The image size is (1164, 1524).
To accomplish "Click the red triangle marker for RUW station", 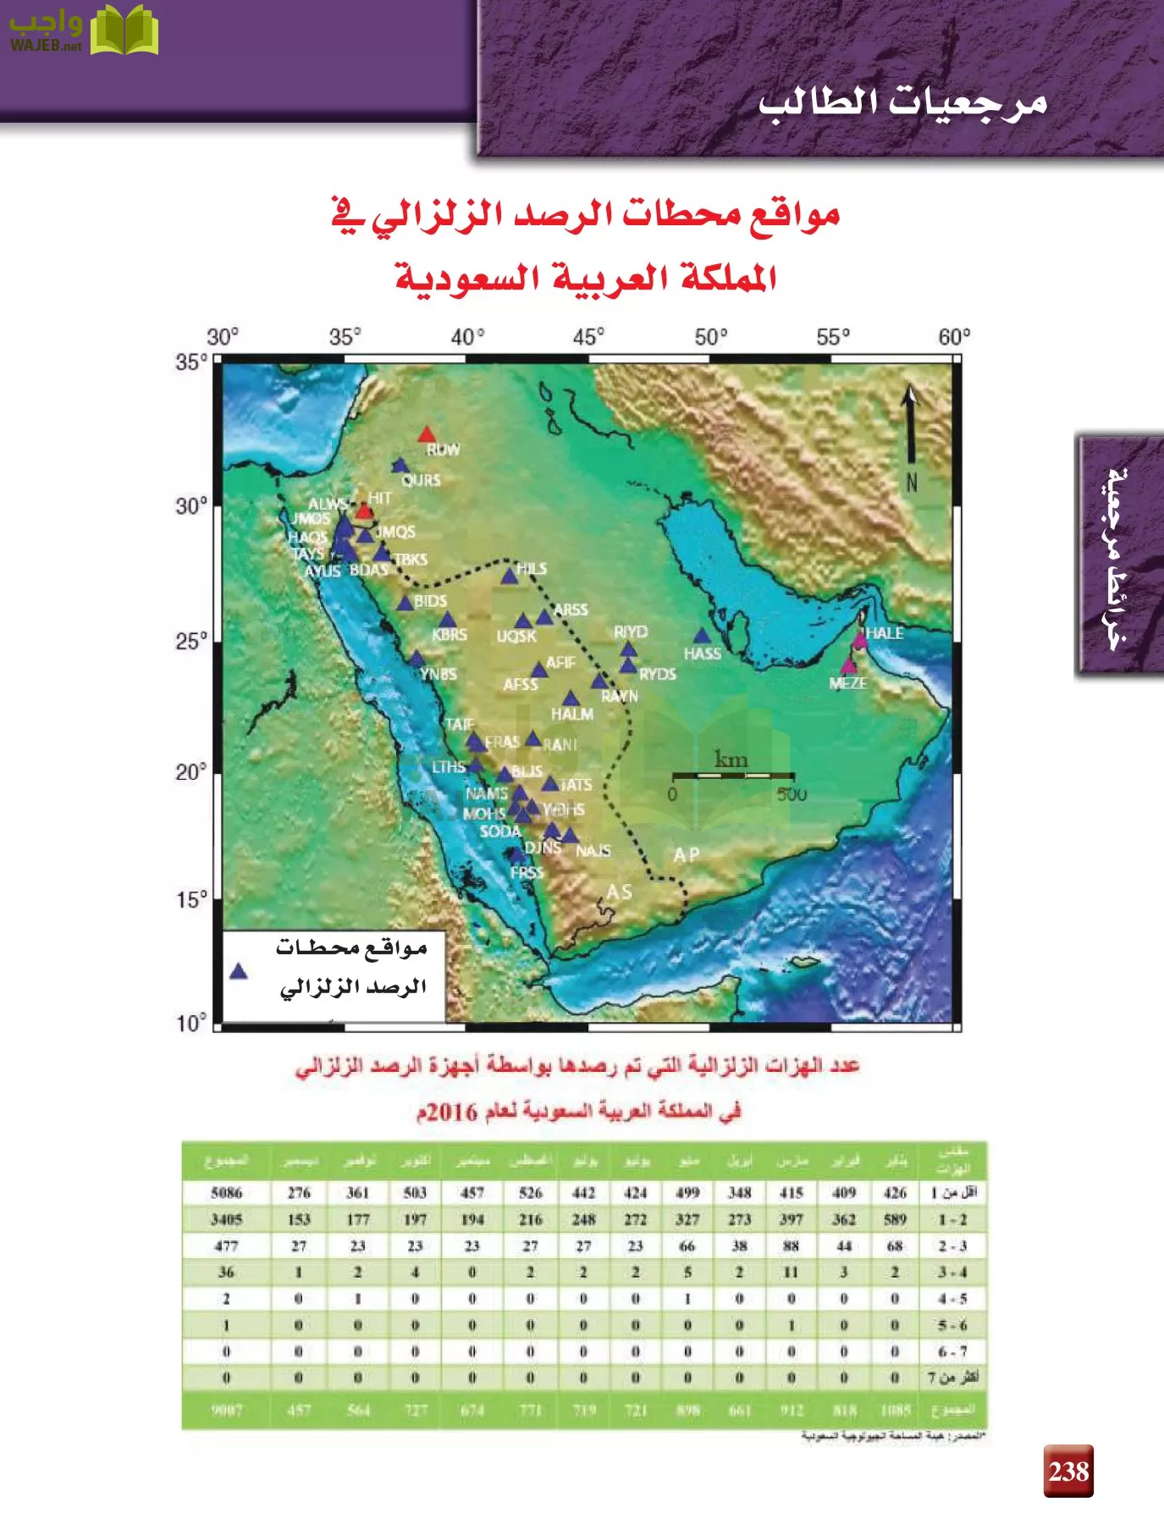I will tap(427, 434).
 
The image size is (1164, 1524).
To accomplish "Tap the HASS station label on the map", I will tap(703, 654).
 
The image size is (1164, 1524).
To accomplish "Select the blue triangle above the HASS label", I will tap(702, 636).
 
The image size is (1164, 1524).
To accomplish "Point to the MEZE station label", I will tap(848, 683).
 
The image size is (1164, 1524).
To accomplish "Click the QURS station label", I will tap(421, 480).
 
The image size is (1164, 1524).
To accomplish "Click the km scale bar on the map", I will tap(733, 776).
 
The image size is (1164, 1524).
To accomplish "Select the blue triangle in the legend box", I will tap(239, 971).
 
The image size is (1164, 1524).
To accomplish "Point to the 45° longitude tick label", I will tap(589, 337).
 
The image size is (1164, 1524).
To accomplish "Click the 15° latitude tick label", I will tap(191, 899).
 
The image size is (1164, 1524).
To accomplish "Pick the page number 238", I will tap(1068, 1472).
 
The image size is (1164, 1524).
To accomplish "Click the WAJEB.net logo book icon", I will tap(124, 30).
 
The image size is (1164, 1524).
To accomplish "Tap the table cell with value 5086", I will tap(227, 1193).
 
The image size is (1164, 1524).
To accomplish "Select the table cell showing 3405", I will tap(227, 1219).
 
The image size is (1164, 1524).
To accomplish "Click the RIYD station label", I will tap(631, 632).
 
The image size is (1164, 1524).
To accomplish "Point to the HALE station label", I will tap(885, 633).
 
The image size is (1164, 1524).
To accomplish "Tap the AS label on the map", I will tap(619, 892).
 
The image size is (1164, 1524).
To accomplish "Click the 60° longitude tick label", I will tap(954, 337).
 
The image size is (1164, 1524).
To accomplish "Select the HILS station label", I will tap(532, 569).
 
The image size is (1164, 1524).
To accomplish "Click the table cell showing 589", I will tap(895, 1219).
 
